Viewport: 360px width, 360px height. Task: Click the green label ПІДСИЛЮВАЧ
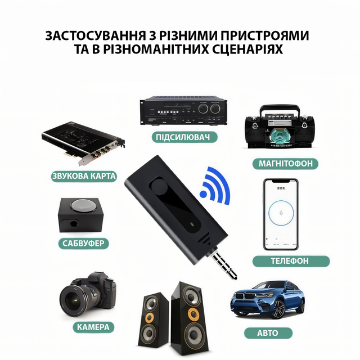click(x=184, y=137)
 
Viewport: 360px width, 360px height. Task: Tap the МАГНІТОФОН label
click(x=285, y=164)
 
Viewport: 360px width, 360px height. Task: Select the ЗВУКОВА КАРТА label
click(x=84, y=176)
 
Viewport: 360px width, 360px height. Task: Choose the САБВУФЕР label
click(x=83, y=243)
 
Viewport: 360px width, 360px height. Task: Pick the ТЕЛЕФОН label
click(x=291, y=261)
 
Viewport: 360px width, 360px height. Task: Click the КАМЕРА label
click(x=93, y=327)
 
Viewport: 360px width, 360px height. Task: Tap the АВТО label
click(x=268, y=333)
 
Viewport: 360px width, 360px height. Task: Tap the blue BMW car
click(x=268, y=299)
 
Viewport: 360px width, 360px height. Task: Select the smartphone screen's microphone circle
click(x=281, y=213)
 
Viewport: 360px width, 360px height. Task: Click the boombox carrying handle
click(x=280, y=110)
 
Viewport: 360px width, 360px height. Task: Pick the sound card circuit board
click(x=83, y=143)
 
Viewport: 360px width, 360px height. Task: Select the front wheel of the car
click(x=279, y=309)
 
